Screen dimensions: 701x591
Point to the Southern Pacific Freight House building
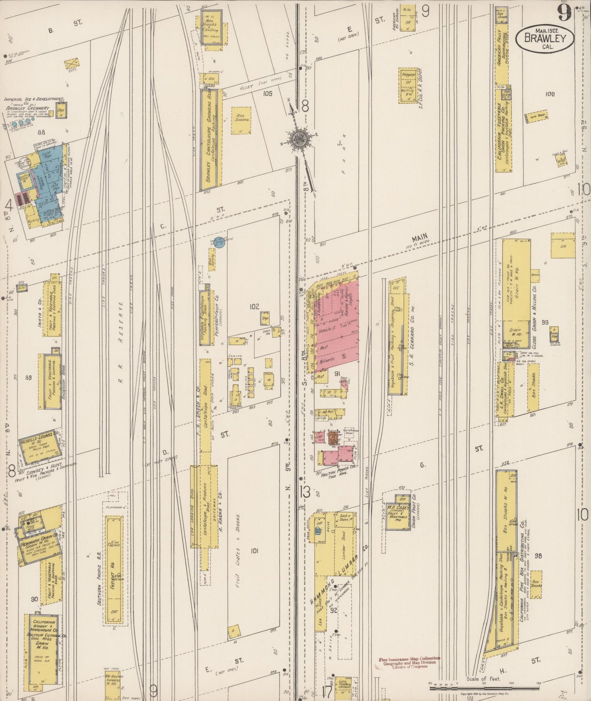coord(114,571)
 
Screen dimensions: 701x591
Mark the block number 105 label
coord(267,94)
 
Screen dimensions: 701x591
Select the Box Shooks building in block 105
coord(241,120)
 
